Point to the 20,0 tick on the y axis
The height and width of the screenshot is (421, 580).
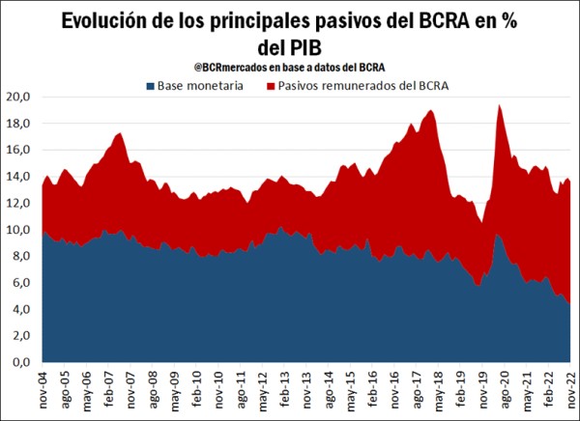19,98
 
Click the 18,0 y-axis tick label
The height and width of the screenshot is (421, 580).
19,124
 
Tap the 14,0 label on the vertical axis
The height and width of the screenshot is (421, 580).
19,177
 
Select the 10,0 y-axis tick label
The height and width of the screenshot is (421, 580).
19,230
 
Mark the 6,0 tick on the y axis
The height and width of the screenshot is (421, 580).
21,283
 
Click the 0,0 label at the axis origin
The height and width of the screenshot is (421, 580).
21,362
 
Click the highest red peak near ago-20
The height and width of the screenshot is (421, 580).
498,106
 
